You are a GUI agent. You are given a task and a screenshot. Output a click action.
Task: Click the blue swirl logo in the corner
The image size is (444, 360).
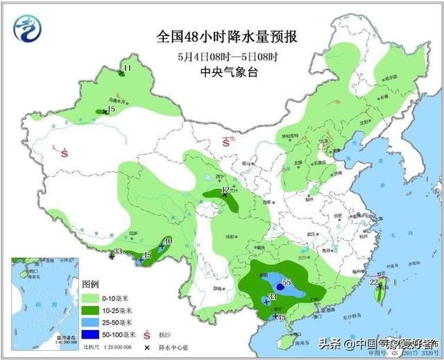point(28,28)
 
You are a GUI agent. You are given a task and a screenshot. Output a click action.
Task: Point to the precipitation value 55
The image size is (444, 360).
point(286,282)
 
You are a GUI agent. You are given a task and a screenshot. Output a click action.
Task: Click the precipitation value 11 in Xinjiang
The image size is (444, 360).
point(126,68)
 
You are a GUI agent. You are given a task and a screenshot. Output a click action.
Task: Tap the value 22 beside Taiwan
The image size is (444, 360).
point(373,282)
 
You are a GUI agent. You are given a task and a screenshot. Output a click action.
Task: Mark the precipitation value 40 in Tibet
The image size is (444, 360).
point(167,241)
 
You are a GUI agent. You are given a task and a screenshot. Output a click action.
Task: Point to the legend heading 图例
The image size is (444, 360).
point(91,285)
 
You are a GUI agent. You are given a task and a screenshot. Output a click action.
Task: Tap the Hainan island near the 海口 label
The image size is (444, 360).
point(284,341)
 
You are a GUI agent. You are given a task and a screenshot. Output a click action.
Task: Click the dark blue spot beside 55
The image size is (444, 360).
point(279,286)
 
